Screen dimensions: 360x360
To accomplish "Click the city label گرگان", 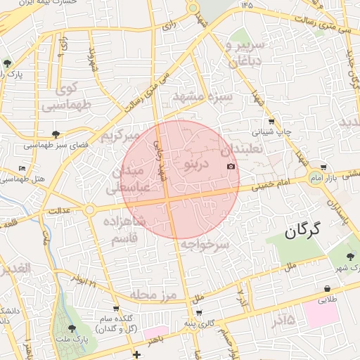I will (x=303, y=229).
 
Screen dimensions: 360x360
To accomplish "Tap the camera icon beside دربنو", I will (x=231, y=166).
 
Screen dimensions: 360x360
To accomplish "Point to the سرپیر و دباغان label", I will (x=244, y=53).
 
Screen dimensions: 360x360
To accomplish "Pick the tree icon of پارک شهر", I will (x=351, y=256).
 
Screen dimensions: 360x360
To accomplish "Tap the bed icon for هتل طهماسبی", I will (x=22, y=169).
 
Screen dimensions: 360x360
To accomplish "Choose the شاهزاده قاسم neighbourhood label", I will (x=124, y=231).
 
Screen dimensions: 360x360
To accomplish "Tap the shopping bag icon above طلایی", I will (x=328, y=289).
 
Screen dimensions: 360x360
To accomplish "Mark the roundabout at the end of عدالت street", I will (x=89, y=210).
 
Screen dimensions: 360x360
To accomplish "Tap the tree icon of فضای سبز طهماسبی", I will (x=56, y=134).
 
